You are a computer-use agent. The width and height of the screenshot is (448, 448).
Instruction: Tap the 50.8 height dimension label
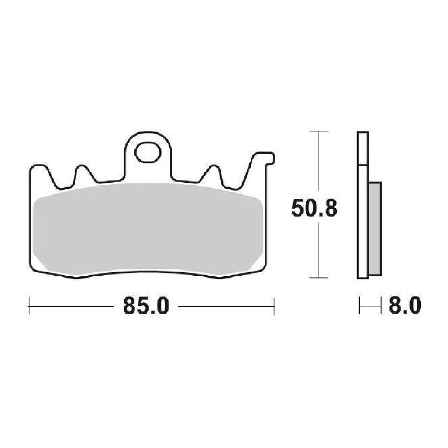pyautogui.click(x=314, y=209)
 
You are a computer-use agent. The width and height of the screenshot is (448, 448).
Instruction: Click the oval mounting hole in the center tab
pyautogui.click(x=147, y=152)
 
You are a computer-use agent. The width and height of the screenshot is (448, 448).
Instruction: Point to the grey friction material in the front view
pyautogui.click(x=148, y=229)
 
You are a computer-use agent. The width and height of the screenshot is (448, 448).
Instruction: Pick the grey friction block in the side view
pyautogui.click(x=375, y=229)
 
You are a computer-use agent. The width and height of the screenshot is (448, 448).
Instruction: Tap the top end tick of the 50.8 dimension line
pyautogui.click(x=318, y=131)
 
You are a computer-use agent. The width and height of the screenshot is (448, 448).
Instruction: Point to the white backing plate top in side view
pyautogui.click(x=363, y=148)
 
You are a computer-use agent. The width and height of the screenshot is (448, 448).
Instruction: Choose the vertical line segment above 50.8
pyautogui.click(x=318, y=162)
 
